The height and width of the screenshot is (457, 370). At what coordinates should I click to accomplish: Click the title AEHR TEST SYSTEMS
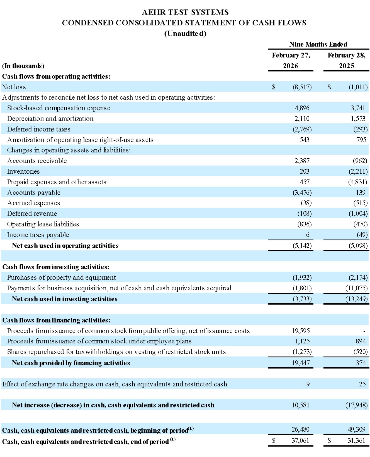click(185, 12)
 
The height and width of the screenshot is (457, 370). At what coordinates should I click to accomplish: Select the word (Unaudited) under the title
click(185, 34)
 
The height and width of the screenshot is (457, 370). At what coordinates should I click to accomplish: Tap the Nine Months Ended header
click(318, 44)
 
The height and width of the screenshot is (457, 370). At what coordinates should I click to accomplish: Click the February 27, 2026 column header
click(291, 60)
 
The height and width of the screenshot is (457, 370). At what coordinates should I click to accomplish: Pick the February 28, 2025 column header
click(346, 60)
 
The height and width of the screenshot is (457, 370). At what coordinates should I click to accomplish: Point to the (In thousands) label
click(23, 66)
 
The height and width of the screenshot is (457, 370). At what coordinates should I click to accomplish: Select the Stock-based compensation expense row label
click(59, 108)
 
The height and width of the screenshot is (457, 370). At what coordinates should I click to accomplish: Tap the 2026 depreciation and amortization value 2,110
click(302, 119)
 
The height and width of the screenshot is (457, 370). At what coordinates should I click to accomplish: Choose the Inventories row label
click(23, 171)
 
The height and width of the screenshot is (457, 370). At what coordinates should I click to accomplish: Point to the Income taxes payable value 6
click(308, 235)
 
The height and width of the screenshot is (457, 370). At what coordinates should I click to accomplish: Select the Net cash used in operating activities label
click(65, 246)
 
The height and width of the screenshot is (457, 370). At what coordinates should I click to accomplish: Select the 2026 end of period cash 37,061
click(300, 441)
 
